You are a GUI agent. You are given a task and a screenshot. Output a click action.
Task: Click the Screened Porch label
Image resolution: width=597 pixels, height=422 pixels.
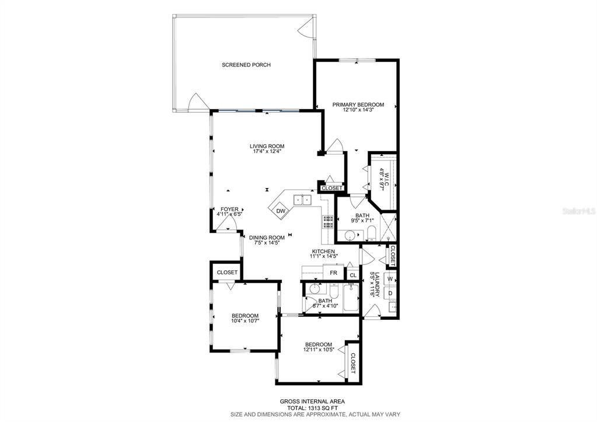coord(246,65)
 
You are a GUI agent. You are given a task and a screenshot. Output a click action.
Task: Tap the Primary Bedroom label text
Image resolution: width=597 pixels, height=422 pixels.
coord(358,104)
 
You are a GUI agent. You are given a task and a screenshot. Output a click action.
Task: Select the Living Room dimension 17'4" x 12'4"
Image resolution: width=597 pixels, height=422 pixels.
coord(267,151)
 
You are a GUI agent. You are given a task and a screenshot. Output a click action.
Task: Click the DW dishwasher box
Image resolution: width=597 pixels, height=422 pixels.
coord(281,211)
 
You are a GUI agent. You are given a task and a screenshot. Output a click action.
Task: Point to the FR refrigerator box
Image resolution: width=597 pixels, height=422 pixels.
coord(334,273)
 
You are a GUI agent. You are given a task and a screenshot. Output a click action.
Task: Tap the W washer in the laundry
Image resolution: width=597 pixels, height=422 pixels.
coord(390,279)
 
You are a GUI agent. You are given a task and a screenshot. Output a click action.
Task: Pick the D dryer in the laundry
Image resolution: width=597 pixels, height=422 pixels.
coord(390,293)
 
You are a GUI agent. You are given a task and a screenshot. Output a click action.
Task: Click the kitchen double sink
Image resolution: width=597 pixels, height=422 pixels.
coord(303,200)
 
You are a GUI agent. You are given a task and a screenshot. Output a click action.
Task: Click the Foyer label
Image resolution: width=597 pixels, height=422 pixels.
coord(229,209)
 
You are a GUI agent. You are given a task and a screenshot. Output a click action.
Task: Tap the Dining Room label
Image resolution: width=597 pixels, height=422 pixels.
coord(267,238)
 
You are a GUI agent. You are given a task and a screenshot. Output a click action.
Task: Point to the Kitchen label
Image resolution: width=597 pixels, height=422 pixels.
coord(323,252)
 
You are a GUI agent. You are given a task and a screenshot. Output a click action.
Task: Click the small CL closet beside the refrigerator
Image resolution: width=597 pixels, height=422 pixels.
coord(353,275)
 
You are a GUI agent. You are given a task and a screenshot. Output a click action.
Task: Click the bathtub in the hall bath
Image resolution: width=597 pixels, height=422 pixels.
coord(351,299)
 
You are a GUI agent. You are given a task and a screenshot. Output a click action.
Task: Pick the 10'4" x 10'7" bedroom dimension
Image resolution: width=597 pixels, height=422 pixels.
coord(245,321)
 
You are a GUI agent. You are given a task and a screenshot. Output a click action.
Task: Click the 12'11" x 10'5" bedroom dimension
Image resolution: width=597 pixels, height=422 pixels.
coord(319,350)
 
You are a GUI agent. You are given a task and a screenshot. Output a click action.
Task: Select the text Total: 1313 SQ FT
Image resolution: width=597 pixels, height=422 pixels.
coord(312,407)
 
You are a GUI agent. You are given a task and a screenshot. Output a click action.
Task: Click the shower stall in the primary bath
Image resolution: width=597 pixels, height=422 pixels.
coord(388,227)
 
